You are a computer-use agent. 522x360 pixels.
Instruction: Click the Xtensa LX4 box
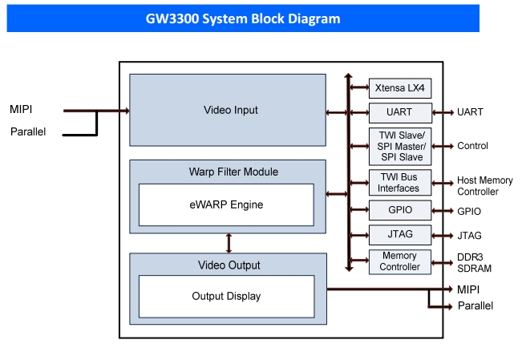pos(400,88)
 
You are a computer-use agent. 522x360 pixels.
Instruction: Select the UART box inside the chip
pos(400,113)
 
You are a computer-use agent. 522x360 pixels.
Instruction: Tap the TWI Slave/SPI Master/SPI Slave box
pos(400,147)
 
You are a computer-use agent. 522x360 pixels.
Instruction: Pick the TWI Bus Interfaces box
pos(400,183)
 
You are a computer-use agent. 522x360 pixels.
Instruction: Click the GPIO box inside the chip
pos(400,210)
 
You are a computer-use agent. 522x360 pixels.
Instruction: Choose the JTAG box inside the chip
pos(400,235)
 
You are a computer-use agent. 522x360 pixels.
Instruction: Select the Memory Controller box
pos(400,262)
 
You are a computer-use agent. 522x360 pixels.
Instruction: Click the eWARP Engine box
pos(226,204)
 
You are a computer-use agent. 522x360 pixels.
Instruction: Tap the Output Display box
pos(226,297)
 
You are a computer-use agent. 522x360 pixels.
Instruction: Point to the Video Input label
pos(231,110)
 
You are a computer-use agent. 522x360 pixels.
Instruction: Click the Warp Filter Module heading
pos(233,172)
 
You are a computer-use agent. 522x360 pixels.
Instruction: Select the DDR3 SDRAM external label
pos(474,263)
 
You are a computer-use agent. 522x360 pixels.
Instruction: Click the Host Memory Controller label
pos(484,186)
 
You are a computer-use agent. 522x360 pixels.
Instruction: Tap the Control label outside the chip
pos(472,146)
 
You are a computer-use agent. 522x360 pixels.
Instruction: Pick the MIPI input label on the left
pos(21,109)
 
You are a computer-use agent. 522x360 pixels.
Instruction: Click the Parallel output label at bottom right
pos(475,305)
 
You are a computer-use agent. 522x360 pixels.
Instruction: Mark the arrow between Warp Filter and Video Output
pos(229,243)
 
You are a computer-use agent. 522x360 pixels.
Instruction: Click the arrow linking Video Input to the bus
pos(337,113)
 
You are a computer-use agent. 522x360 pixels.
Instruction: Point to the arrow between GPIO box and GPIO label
pos(443,211)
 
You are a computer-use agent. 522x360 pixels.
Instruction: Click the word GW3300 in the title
pos(172,18)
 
